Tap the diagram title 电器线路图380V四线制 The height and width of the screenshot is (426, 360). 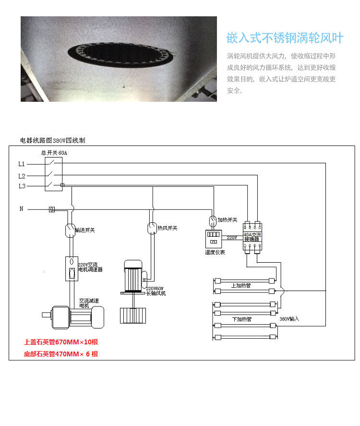[x=53, y=140]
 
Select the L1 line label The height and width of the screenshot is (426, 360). [x=22, y=164]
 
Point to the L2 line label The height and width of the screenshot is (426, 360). [x=22, y=176]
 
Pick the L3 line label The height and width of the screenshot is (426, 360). [x=22, y=186]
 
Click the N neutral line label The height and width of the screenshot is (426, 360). [x=21, y=209]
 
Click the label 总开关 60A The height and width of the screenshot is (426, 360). [x=54, y=153]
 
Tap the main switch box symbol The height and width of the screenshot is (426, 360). [x=54, y=173]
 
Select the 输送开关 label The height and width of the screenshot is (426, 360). [x=85, y=231]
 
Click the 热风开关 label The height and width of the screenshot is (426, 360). [x=168, y=228]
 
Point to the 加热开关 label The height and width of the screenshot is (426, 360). [x=228, y=219]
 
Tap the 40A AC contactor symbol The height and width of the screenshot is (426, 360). [x=252, y=237]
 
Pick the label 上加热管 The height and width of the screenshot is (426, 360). [x=241, y=285]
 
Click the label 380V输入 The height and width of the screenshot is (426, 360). [x=289, y=319]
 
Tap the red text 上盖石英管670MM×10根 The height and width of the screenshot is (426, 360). [x=64, y=342]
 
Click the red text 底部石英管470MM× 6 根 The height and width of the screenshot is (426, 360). [x=61, y=354]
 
